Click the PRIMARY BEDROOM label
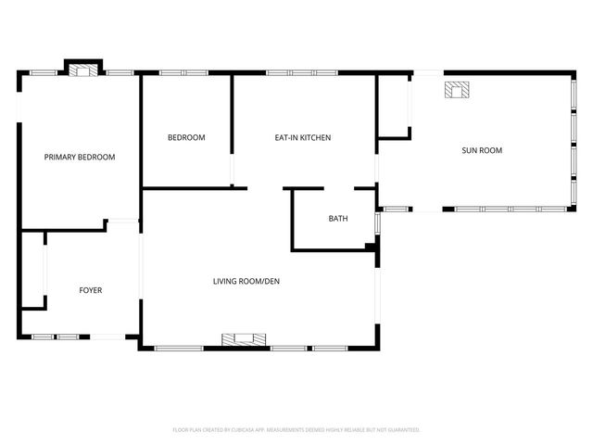click(x=80, y=157)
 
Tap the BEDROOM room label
click(x=186, y=137)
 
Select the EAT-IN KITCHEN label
click(x=302, y=137)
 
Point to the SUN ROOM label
click(x=482, y=149)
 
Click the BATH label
click(x=338, y=219)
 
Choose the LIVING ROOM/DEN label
click(x=246, y=280)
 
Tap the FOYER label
click(x=90, y=290)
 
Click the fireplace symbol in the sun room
click(x=457, y=89)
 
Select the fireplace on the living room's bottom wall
click(x=246, y=340)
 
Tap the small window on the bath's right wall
click(x=377, y=223)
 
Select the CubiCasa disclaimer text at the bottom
click(x=296, y=429)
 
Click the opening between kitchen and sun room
click(x=377, y=172)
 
